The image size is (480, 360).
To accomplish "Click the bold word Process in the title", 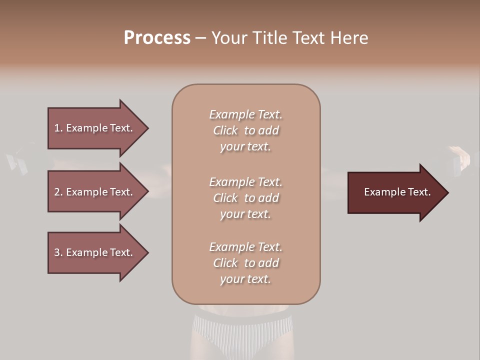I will pos(157,38).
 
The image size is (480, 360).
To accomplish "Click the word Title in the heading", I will pos(270,38).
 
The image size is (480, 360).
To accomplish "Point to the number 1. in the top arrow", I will pos(58,128).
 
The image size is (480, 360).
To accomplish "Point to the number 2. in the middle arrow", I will pos(58,192).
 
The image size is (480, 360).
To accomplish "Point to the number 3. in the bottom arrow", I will pos(58,252).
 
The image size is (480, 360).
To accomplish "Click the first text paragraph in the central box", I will pos(245,130).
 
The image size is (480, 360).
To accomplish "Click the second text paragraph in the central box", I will pos(245,198).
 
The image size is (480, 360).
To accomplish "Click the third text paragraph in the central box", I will pos(245,263).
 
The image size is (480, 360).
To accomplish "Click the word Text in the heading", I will pos(308,38).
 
